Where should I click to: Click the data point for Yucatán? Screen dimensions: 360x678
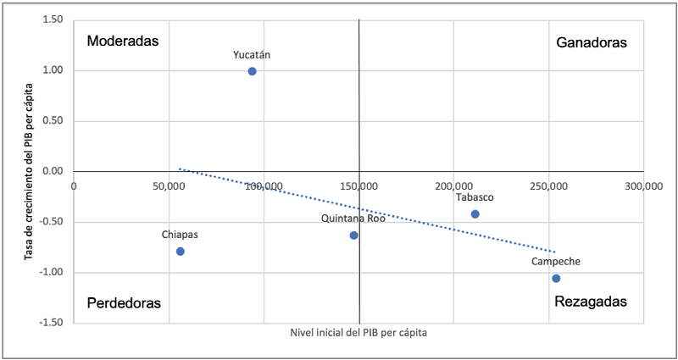(x=253, y=71)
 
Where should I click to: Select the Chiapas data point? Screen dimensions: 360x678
(x=181, y=252)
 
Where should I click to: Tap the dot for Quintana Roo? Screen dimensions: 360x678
(x=354, y=235)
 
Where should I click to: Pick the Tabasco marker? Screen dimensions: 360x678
(x=475, y=214)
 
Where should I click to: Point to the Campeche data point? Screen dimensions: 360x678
(x=556, y=279)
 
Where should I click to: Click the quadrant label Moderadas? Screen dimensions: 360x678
(x=124, y=41)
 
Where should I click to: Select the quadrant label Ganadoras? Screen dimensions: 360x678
(x=592, y=42)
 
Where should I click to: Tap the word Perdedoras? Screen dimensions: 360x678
(x=124, y=302)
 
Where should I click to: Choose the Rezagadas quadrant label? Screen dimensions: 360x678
(x=591, y=302)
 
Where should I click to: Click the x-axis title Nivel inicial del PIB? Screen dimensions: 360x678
(x=358, y=334)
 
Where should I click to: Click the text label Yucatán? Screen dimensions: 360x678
(x=253, y=55)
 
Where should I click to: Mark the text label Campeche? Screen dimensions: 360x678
(x=556, y=263)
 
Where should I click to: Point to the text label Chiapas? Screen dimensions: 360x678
(x=181, y=235)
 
